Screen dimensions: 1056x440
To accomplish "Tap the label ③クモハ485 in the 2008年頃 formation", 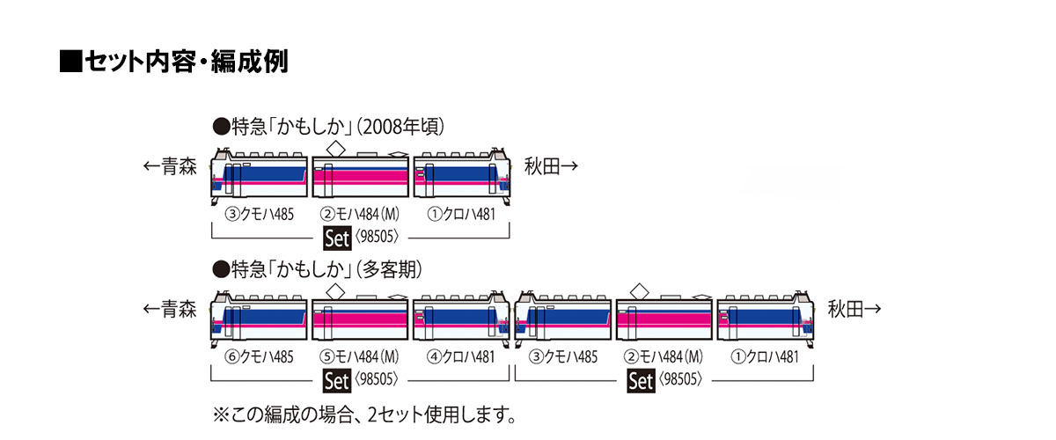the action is coord(260,215).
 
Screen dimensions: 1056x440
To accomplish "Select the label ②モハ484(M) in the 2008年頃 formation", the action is coord(360,215).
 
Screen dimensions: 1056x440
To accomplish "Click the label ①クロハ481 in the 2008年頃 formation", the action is coord(461,215).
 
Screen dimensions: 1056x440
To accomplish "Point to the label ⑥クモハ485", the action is coord(260,357).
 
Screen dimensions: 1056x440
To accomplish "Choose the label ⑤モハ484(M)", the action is coord(360,357).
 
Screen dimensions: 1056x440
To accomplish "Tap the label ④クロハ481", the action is coord(461,357).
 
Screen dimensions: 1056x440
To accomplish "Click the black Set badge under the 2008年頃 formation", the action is coord(337,238).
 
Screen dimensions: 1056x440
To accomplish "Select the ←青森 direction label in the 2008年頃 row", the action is coord(170,166).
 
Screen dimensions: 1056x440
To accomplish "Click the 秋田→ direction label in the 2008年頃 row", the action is coord(551,166).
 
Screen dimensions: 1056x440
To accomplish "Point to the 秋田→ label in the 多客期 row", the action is coord(854,310).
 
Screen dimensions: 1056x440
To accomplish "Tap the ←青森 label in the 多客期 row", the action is coord(170,310).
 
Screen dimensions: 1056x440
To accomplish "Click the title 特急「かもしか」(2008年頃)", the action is coord(328,127).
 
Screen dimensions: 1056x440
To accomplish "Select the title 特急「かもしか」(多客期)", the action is coord(318,269).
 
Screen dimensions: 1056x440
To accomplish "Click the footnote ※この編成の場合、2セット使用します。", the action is coord(364,415).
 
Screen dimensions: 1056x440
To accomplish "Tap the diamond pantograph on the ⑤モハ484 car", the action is coord(335,291).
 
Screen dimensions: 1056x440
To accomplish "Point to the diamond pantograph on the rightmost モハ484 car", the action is coord(639,291).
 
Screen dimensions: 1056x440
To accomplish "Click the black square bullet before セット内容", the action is coord(70,62).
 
